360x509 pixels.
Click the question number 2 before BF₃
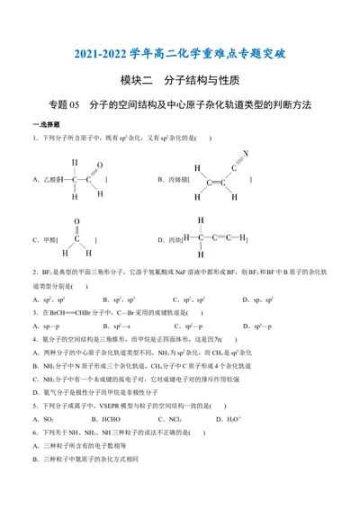33,270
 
